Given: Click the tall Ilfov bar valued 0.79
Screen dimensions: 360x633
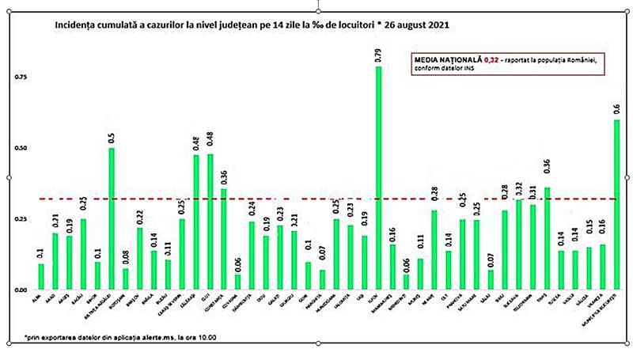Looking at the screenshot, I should tap(379, 178).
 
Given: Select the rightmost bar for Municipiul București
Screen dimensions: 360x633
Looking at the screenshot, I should tap(617, 205).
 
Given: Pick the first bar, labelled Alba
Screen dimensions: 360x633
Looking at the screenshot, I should tap(41, 277).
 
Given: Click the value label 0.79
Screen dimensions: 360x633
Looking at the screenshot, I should tap(379, 55).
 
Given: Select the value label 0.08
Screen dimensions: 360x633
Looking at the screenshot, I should tap(126, 256).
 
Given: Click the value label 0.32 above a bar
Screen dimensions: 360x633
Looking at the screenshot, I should tap(519, 188).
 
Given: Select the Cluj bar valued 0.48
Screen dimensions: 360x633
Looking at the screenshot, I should tap(211, 222).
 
